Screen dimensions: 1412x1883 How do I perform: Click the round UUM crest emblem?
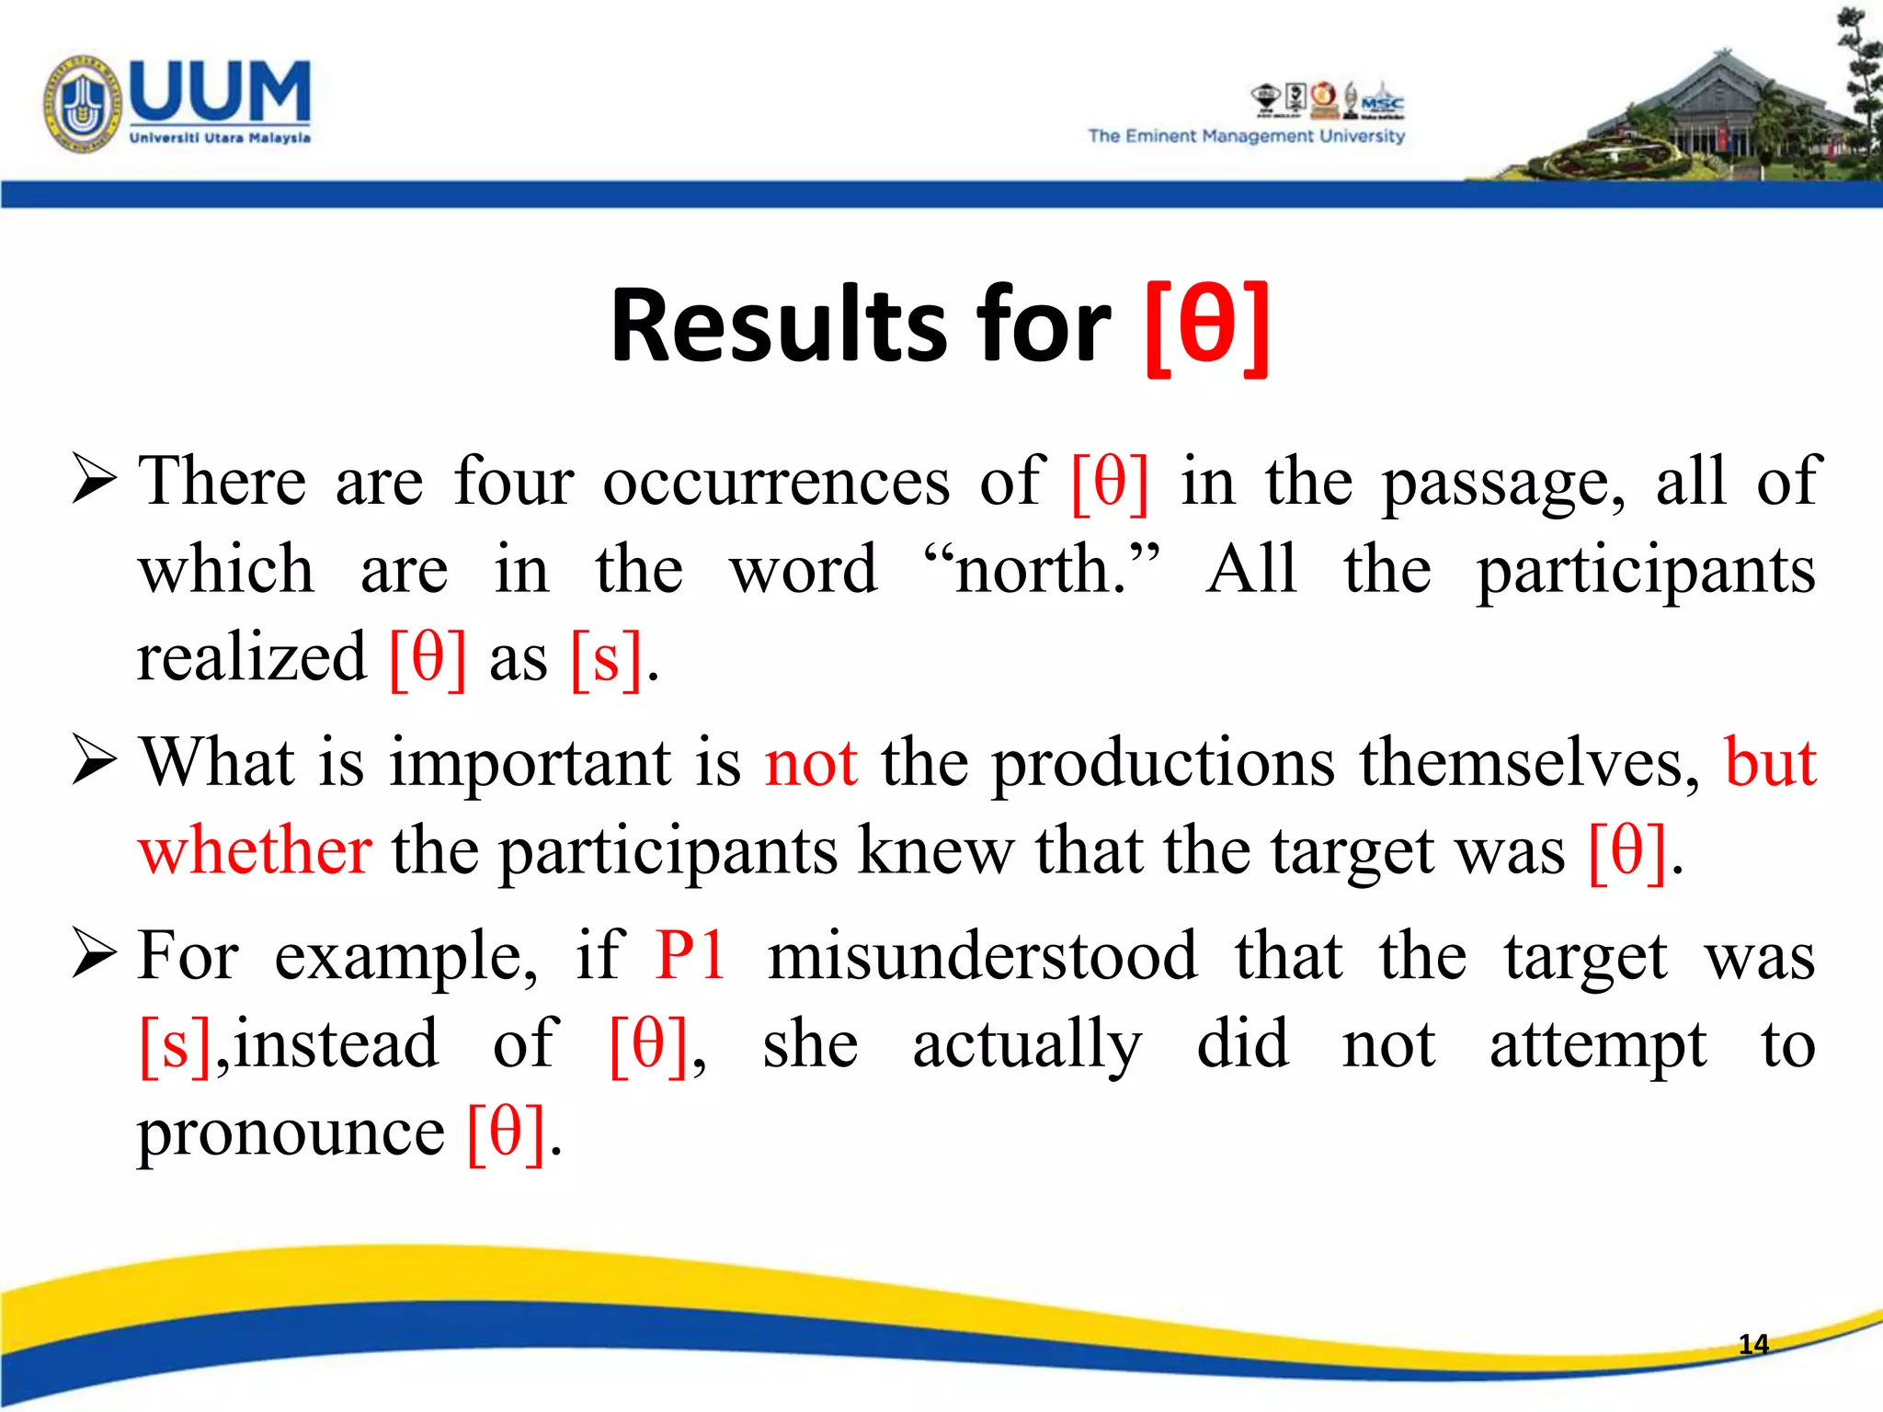click(x=82, y=103)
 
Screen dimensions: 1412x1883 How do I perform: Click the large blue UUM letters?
click(x=220, y=91)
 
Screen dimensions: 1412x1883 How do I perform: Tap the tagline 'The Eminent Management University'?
click(x=1246, y=136)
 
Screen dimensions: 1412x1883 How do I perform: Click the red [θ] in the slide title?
click(x=1207, y=326)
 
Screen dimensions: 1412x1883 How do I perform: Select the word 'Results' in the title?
click(x=778, y=326)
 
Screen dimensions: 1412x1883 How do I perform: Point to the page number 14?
click(x=1753, y=1345)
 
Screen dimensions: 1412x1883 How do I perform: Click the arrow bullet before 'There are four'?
click(x=94, y=480)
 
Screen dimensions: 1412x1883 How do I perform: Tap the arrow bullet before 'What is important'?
click(x=94, y=762)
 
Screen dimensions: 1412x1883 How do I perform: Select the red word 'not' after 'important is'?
click(x=811, y=763)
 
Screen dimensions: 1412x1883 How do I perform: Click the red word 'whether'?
click(x=256, y=850)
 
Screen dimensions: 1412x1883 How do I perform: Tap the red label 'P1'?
click(x=690, y=956)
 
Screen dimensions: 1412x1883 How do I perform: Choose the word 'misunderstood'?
click(x=982, y=956)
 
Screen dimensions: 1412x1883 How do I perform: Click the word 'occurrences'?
click(x=776, y=482)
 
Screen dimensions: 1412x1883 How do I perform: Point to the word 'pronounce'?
click(x=291, y=1133)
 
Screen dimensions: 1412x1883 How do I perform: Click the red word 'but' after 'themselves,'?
click(x=1770, y=763)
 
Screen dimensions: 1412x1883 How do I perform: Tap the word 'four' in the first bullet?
click(x=513, y=482)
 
